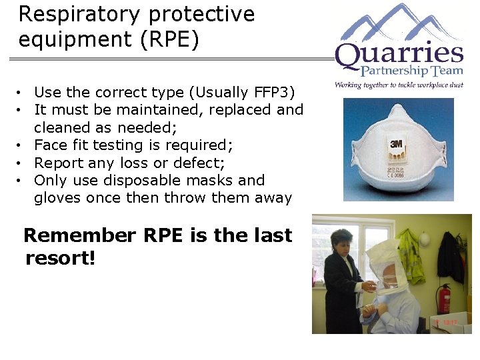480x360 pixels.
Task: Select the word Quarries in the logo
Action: pyautogui.click(x=399, y=56)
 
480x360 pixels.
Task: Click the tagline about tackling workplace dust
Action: pyautogui.click(x=399, y=85)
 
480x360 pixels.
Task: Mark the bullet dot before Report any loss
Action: pyautogui.click(x=22, y=163)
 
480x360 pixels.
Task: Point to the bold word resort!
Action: pyautogui.click(x=60, y=258)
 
